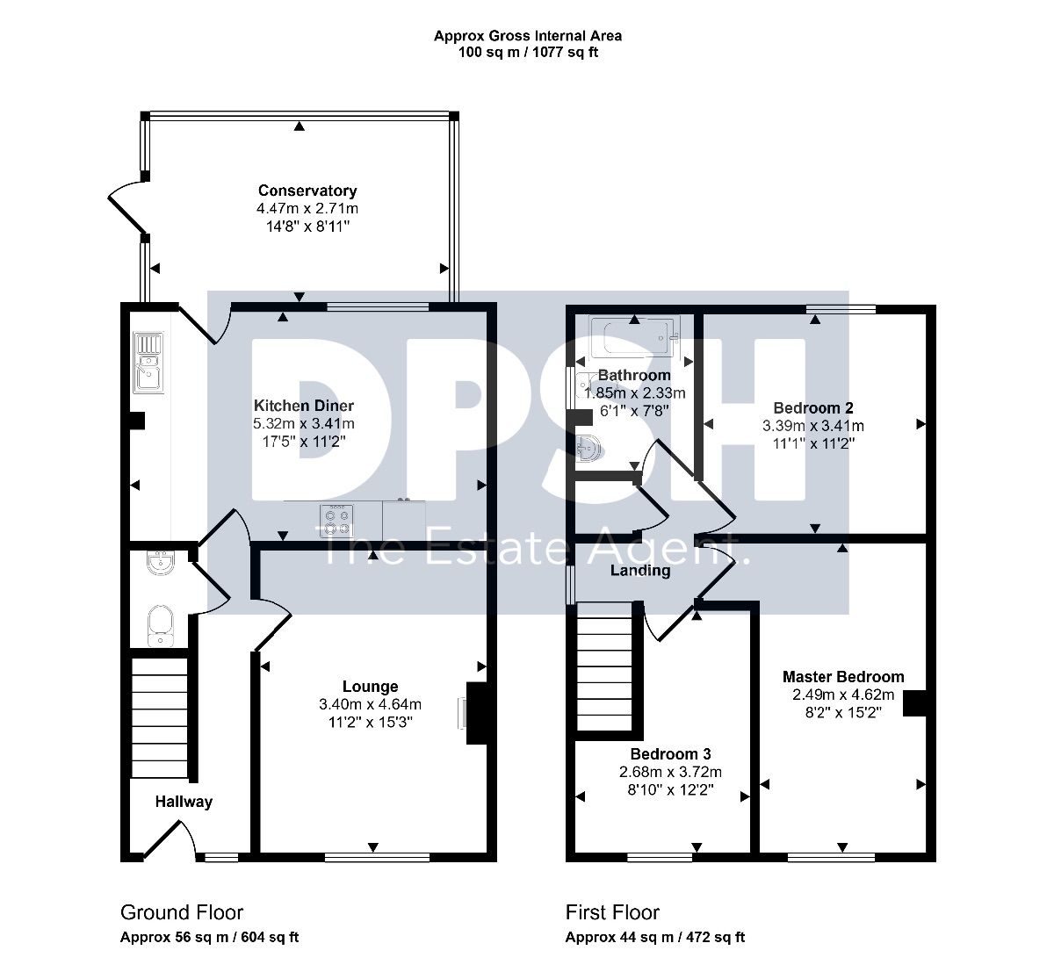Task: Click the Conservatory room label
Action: pyautogui.click(x=307, y=191)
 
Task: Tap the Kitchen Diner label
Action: pyautogui.click(x=304, y=406)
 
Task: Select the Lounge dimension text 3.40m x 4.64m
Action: pyautogui.click(x=370, y=704)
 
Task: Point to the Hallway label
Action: pyautogui.click(x=184, y=801)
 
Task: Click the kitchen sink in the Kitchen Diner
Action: pyautogui.click(x=148, y=363)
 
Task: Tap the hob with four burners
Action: pyautogui.click(x=336, y=521)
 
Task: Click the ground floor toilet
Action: pyautogui.click(x=160, y=626)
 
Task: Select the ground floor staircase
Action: pyautogui.click(x=159, y=718)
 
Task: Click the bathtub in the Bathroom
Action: pyautogui.click(x=635, y=337)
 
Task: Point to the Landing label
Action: pyautogui.click(x=640, y=571)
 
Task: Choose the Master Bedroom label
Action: pyautogui.click(x=843, y=676)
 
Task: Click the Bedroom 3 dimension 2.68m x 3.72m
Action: pyautogui.click(x=670, y=772)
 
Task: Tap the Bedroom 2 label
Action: pyautogui.click(x=813, y=407)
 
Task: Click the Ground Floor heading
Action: pyautogui.click(x=182, y=912)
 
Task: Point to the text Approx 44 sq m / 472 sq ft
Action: pyautogui.click(x=655, y=938)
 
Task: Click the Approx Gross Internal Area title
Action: pyautogui.click(x=528, y=36)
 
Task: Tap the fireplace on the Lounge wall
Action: pyautogui.click(x=475, y=713)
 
